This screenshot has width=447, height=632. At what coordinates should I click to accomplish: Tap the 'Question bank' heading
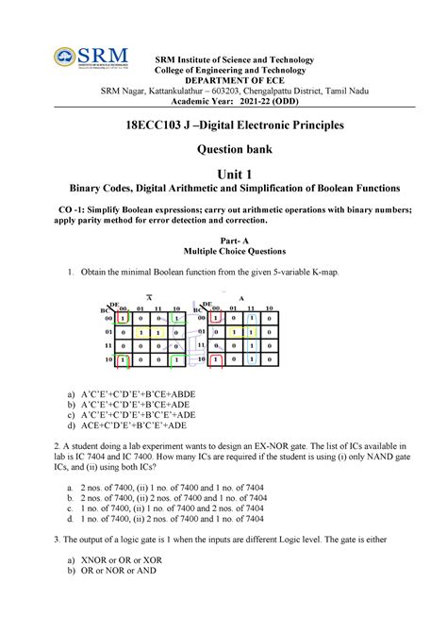223,148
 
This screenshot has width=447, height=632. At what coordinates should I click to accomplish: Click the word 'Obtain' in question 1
97,273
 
